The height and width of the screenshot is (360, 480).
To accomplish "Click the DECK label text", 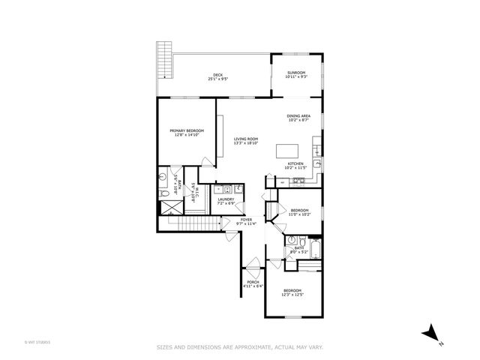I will click(218, 74).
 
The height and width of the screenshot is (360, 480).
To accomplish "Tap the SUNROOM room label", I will click(295, 73).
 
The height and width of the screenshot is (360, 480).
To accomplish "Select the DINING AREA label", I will click(298, 116).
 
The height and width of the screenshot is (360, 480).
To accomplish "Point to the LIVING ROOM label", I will click(246, 139).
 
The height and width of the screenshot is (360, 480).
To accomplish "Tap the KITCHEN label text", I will click(295, 163).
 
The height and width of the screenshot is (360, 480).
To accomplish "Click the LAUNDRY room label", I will click(226, 199).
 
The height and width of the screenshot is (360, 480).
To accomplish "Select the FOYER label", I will click(246, 219).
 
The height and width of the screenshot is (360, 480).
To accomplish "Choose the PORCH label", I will click(251, 282).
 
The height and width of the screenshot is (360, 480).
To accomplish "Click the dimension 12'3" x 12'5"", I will click(292, 295).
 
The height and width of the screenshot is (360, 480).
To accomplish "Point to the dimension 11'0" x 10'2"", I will click(299, 214).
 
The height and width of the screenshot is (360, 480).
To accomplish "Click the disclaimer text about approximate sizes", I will click(239, 346).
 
